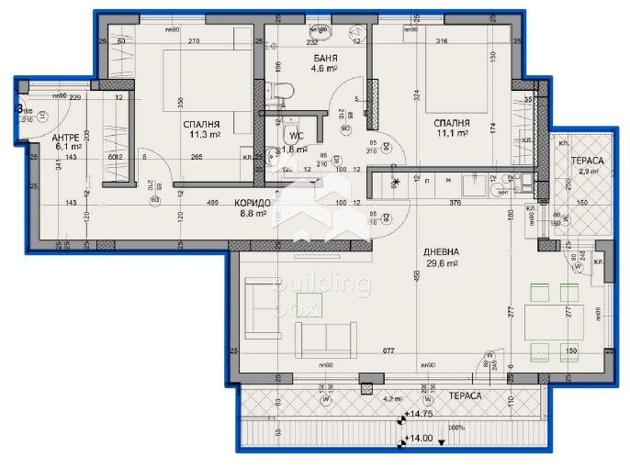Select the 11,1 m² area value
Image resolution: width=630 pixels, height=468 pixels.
pyautogui.click(x=452, y=133)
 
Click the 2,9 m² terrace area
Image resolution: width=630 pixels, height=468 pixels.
pyautogui.click(x=584, y=170)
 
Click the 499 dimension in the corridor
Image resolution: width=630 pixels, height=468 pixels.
pyautogui.click(x=212, y=202)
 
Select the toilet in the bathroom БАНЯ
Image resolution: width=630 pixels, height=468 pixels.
pyautogui.click(x=282, y=90)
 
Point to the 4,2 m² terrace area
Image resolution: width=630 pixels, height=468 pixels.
pyautogui.click(x=392, y=398)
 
